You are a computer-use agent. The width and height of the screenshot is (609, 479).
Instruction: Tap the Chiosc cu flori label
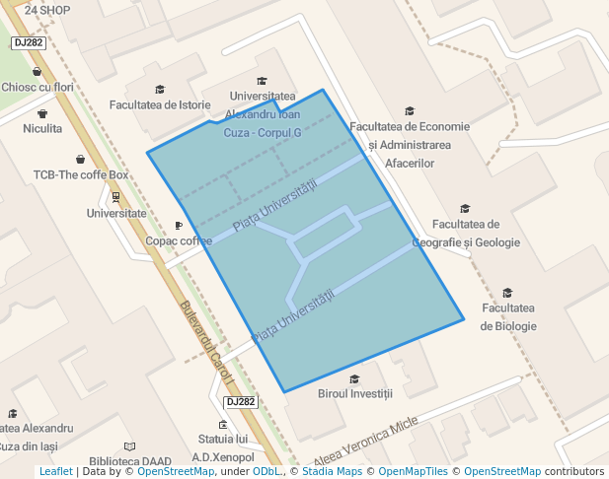[38, 87]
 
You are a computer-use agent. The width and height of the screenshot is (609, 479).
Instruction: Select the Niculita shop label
[42, 128]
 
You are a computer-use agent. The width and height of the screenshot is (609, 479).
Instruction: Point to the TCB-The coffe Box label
[81, 175]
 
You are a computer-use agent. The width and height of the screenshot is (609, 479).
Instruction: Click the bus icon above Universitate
[116, 195]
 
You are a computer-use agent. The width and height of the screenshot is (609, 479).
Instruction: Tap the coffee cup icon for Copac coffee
[179, 225]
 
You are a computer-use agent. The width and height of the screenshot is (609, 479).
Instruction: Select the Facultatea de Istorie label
[160, 104]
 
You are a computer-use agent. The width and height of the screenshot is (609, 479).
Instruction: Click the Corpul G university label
[263, 114]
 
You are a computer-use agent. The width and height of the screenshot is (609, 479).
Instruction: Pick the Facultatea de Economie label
[410, 126]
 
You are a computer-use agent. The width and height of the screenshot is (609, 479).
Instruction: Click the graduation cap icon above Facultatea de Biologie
[508, 293]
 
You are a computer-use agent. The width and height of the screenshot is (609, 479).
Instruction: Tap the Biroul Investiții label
[355, 393]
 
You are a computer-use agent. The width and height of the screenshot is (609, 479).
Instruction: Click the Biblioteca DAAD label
[130, 460]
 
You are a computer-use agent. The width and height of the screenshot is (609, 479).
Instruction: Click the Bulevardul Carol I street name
[206, 340]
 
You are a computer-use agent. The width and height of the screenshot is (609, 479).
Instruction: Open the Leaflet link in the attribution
[55, 471]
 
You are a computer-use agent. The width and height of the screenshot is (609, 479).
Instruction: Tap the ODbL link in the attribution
[268, 471]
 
